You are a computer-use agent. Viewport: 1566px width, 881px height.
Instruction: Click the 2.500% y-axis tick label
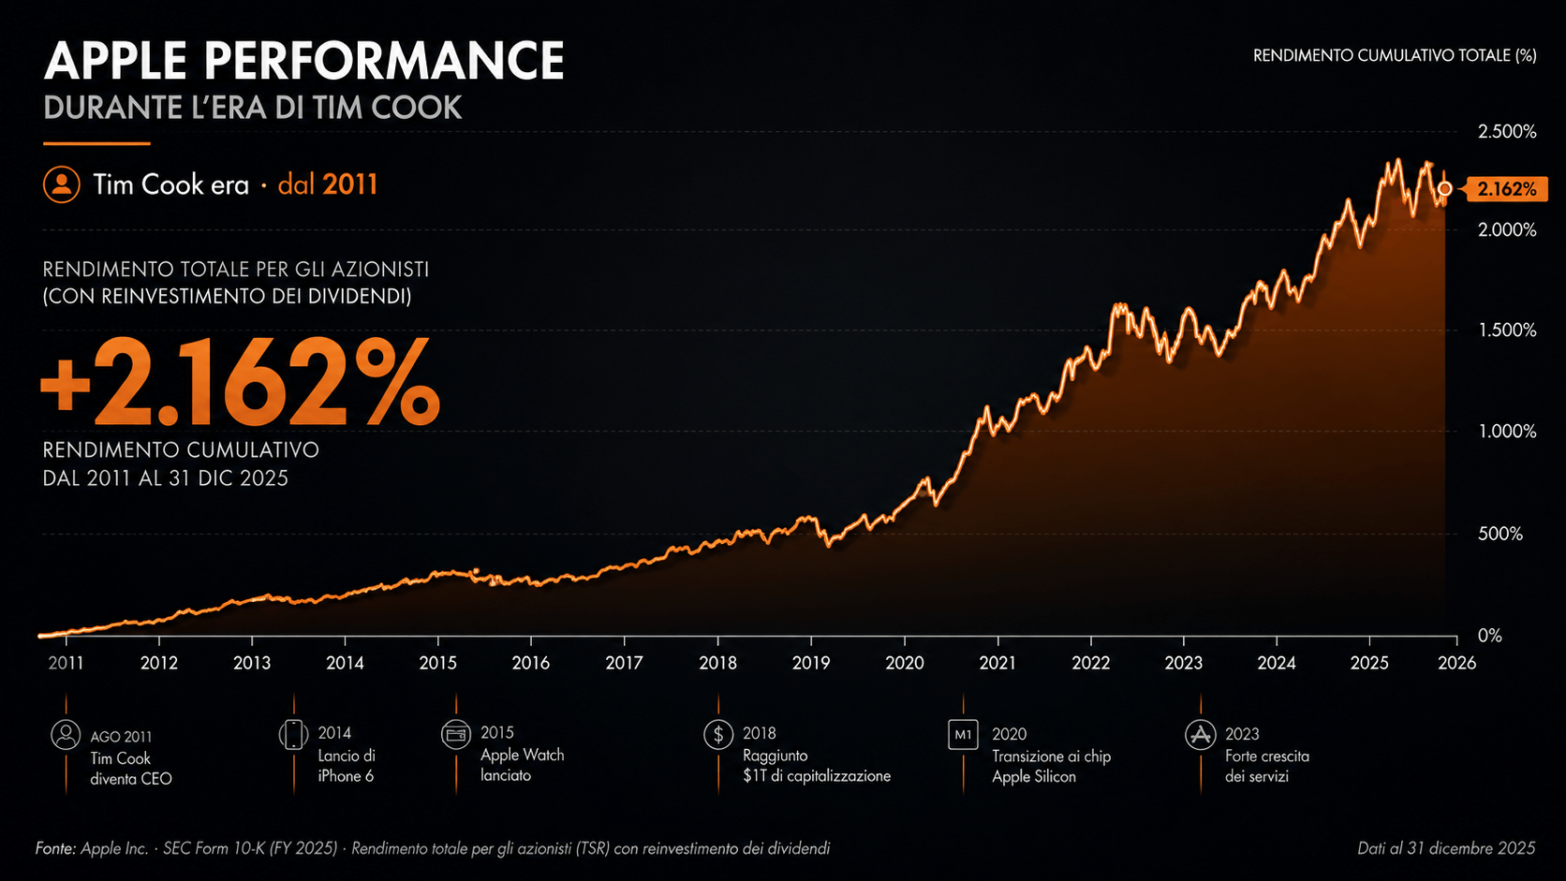[x=1507, y=131]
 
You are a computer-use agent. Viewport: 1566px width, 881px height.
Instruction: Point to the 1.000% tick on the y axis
[x=1507, y=431]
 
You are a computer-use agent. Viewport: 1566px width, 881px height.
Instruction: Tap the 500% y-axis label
[x=1500, y=534]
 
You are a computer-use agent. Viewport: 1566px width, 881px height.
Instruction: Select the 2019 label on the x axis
[x=811, y=662]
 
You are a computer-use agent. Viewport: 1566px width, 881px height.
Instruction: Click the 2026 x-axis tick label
[x=1456, y=662]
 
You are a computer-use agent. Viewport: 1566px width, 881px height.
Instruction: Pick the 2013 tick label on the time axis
[x=252, y=662]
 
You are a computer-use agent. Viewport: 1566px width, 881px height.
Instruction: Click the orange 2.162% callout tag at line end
[x=1506, y=188]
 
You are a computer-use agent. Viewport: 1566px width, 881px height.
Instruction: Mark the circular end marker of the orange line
[x=1444, y=188]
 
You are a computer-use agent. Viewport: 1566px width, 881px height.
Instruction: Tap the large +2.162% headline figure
[x=240, y=382]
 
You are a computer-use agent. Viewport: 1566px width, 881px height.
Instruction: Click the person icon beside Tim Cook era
[x=62, y=184]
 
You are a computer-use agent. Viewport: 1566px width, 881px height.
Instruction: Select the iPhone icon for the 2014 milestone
[x=294, y=734]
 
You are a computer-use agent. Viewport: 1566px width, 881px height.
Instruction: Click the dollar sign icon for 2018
[x=718, y=734]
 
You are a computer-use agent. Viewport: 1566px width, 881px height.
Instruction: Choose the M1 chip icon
[x=963, y=734]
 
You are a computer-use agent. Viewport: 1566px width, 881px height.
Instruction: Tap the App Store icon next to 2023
[x=1201, y=734]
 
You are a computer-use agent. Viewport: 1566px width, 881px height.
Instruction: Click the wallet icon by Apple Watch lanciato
[x=456, y=734]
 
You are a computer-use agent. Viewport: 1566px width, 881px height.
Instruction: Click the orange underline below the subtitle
[x=96, y=143]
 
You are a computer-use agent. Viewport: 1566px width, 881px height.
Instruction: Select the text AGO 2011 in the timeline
[x=121, y=737]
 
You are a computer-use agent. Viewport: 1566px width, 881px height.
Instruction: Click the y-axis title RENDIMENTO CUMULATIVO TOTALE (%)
[x=1395, y=56]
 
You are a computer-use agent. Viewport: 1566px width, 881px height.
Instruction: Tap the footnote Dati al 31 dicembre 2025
[x=1446, y=848]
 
